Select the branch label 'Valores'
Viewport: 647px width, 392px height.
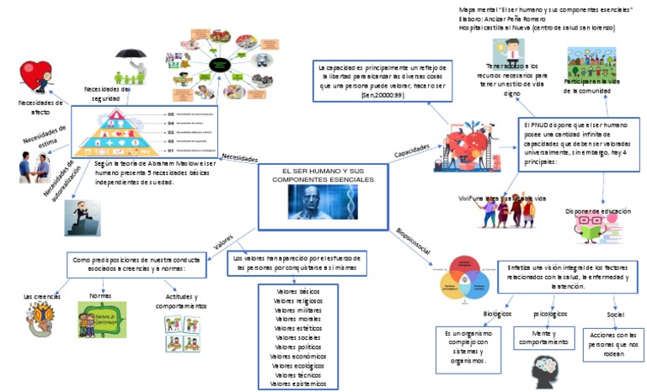[223, 241]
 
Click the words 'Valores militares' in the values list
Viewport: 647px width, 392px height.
[297, 310]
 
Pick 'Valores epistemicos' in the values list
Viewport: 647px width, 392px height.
[297, 384]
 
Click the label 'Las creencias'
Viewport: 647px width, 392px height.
[40, 297]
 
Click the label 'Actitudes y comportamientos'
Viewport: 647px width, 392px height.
[179, 301]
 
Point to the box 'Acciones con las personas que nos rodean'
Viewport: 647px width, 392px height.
[613, 346]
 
